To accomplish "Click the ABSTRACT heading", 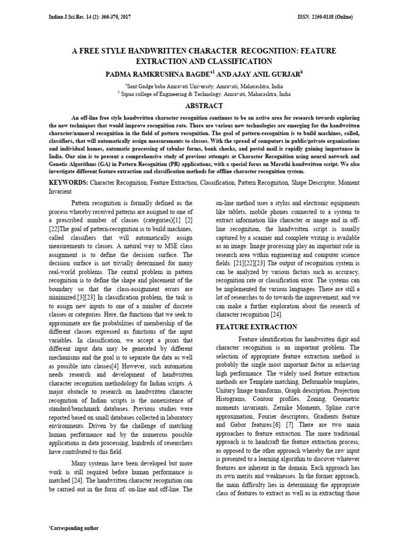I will (x=204, y=106).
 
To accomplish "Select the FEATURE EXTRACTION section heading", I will (x=256, y=326).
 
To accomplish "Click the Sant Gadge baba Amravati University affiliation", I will (x=205, y=85).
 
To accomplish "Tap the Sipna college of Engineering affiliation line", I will (x=205, y=93).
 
